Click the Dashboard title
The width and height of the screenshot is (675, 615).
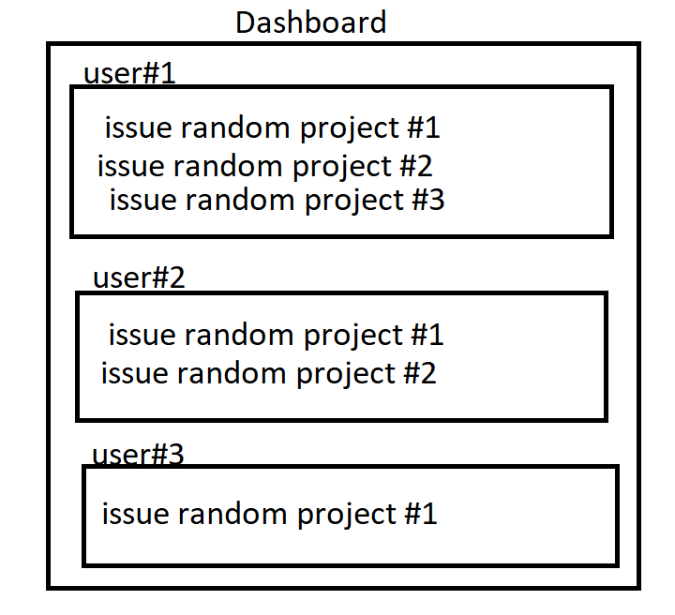click(310, 22)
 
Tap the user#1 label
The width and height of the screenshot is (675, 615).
click(129, 74)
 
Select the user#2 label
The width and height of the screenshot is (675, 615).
click(139, 278)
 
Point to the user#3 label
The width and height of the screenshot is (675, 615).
click(138, 456)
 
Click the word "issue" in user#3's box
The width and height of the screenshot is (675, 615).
click(131, 514)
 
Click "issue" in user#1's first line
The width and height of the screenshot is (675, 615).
click(135, 127)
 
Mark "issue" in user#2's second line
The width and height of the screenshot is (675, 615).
click(131, 373)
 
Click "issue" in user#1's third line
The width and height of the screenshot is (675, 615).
click(139, 200)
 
